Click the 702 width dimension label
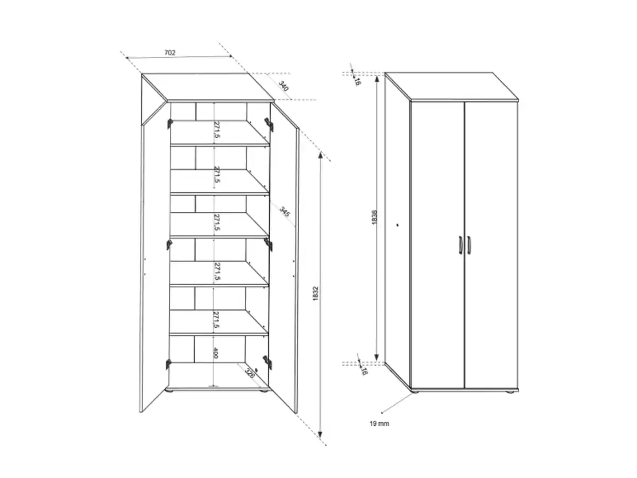pos(169,52)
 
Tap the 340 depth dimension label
pos(283,86)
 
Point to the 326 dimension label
pos(249,372)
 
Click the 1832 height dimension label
pos(315,295)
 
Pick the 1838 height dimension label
pos(374,216)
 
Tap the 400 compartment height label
pos(216,353)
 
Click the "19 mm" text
pos(380,423)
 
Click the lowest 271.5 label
pos(216,321)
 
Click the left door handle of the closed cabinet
pos(460,245)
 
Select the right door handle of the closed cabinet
pos(469,245)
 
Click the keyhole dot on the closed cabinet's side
pos(397,225)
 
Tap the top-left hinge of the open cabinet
pos(170,124)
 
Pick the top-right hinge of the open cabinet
pos(269,125)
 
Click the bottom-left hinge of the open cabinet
pos(169,364)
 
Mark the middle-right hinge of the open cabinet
pos(269,244)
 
